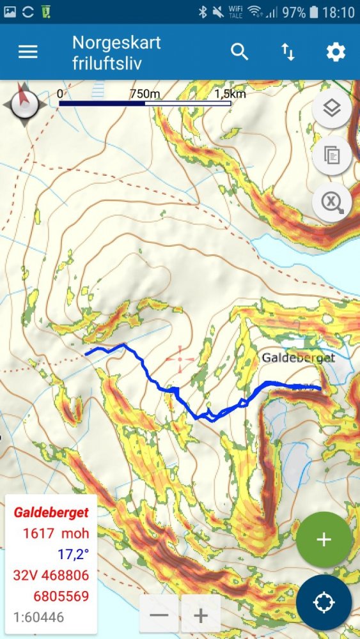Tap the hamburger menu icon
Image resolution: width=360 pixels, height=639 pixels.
28,52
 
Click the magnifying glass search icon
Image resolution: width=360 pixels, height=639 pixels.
239,52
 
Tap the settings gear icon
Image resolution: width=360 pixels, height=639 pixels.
336,52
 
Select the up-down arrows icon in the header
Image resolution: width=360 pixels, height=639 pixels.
288,52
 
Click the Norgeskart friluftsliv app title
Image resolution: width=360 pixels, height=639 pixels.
116,52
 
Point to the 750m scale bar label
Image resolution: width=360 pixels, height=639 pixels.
145,94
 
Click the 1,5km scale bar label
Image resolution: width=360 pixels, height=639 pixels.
230,94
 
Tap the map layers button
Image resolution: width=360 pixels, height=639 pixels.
331,109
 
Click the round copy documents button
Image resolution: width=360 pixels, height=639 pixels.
331,155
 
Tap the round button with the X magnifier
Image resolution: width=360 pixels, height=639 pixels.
331,203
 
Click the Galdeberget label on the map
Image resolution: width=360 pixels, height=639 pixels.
298,358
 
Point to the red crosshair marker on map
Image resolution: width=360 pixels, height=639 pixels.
180,359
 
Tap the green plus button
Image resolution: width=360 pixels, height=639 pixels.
324,539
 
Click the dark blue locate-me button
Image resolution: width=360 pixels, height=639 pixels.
324,603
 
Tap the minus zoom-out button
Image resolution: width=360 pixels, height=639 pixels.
159,616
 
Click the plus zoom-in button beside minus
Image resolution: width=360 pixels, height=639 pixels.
201,616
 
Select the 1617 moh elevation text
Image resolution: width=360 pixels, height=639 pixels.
56,533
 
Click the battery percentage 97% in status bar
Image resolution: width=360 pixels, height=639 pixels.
293,12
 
